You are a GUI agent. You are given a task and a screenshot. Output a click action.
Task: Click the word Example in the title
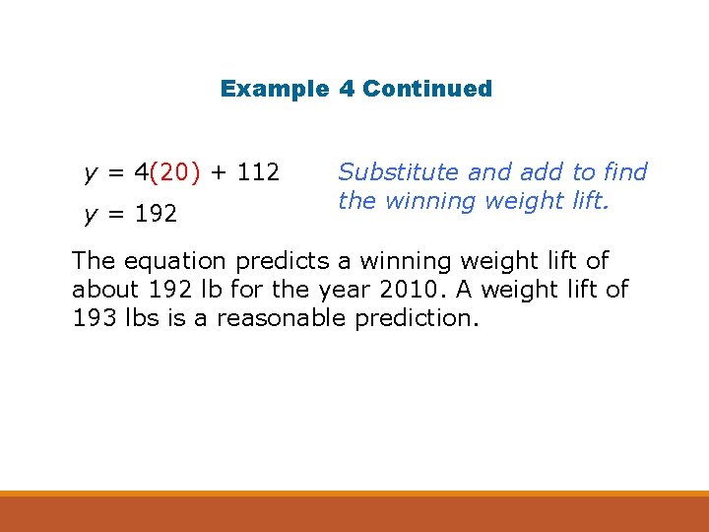coord(274,89)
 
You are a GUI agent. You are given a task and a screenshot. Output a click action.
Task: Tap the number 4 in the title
coord(347,89)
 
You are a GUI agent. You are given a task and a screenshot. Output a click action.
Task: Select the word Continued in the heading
coord(427,89)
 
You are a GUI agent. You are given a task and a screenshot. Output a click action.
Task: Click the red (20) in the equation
coord(176,173)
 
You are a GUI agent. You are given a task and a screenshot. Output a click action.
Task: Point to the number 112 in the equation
coord(259,173)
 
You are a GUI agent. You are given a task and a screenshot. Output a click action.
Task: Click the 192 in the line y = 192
coord(157,213)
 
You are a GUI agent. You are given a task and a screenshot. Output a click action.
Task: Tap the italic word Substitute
coord(399,172)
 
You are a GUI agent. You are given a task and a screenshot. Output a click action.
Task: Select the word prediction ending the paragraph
coord(424,318)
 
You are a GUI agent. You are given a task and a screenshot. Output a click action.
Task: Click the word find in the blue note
coord(627,172)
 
